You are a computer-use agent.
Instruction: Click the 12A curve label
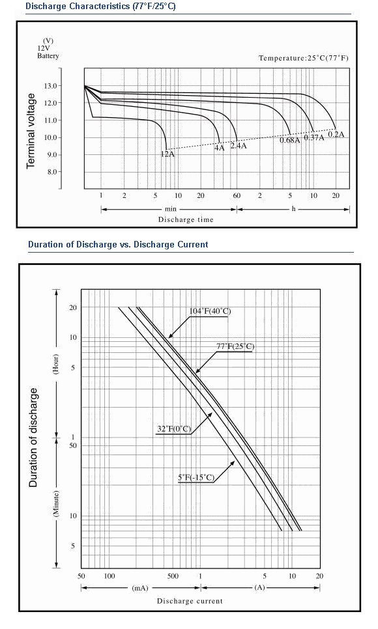coord(167,153)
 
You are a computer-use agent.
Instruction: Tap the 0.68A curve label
coord(290,140)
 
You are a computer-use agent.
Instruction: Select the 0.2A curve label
coord(336,134)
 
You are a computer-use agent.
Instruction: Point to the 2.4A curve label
coord(239,146)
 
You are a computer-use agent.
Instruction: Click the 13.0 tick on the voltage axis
coord(51,86)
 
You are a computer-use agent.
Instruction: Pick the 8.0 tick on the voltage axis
coord(52,172)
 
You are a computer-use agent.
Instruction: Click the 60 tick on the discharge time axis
coord(237,196)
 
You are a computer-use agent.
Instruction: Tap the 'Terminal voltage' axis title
coord(31,131)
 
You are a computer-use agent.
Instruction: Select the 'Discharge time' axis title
coord(186,219)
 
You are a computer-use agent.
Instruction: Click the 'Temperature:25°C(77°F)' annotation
coord(304,58)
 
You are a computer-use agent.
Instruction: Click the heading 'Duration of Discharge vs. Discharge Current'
coord(118,245)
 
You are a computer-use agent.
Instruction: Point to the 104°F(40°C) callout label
coord(210,311)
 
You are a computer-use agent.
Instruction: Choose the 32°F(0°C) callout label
coord(174,429)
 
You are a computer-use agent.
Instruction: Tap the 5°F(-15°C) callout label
coord(196,477)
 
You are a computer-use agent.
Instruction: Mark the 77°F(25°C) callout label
coord(235,346)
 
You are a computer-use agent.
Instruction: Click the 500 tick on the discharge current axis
coord(173,576)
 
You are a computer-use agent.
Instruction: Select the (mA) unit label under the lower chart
coord(139,588)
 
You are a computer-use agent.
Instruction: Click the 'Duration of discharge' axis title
coord(33,438)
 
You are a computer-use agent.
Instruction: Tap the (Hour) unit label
coord(56,364)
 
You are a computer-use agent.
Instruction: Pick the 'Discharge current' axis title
coord(190,601)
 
